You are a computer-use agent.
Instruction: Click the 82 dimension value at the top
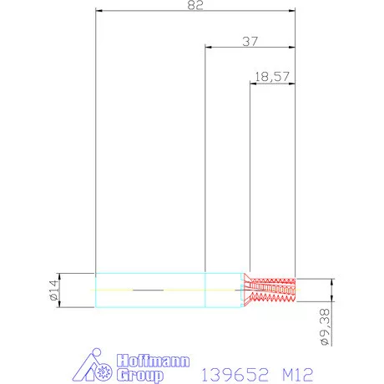[195, 5]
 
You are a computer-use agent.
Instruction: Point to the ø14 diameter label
[53, 290]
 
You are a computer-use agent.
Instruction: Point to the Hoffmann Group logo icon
[94, 366]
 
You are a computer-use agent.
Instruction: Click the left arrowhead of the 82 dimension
[99, 12]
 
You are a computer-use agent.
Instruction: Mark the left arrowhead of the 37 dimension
[209, 48]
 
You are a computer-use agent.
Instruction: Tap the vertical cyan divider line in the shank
[205, 289]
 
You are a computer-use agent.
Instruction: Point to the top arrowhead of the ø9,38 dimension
[332, 281]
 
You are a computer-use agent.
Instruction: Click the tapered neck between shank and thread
[249, 289]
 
